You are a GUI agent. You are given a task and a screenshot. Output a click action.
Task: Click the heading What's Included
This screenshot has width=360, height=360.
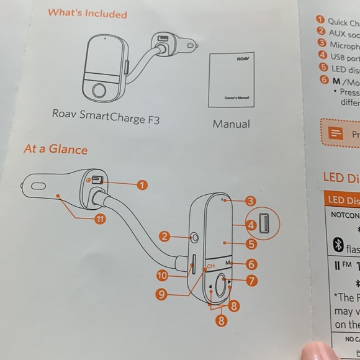[x=87, y=14]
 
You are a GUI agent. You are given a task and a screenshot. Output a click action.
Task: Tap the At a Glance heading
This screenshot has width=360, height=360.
[x=55, y=150]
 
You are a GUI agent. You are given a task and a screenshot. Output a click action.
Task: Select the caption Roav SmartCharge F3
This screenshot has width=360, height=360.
[x=106, y=118]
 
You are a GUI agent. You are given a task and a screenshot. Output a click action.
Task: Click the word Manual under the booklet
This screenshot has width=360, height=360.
[x=231, y=124]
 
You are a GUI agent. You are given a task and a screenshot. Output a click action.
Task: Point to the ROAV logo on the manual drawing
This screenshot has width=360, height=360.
[x=243, y=58]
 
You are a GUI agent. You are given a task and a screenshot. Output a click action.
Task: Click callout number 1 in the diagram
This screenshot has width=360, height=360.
[x=142, y=184]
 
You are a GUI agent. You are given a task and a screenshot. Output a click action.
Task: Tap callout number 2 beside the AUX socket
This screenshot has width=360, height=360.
[x=164, y=236]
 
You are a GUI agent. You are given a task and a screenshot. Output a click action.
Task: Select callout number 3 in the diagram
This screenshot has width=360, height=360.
[x=250, y=200]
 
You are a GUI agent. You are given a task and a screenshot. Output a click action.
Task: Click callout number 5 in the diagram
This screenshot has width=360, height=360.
[x=251, y=244]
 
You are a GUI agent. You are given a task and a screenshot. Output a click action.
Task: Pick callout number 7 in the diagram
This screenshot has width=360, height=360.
[x=251, y=281]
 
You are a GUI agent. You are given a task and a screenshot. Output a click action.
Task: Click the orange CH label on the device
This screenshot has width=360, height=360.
[x=211, y=266]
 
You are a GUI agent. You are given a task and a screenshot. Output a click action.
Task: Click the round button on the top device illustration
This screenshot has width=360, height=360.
[x=98, y=92]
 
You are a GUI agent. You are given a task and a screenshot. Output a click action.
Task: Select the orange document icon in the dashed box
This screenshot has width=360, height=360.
[x=336, y=133]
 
